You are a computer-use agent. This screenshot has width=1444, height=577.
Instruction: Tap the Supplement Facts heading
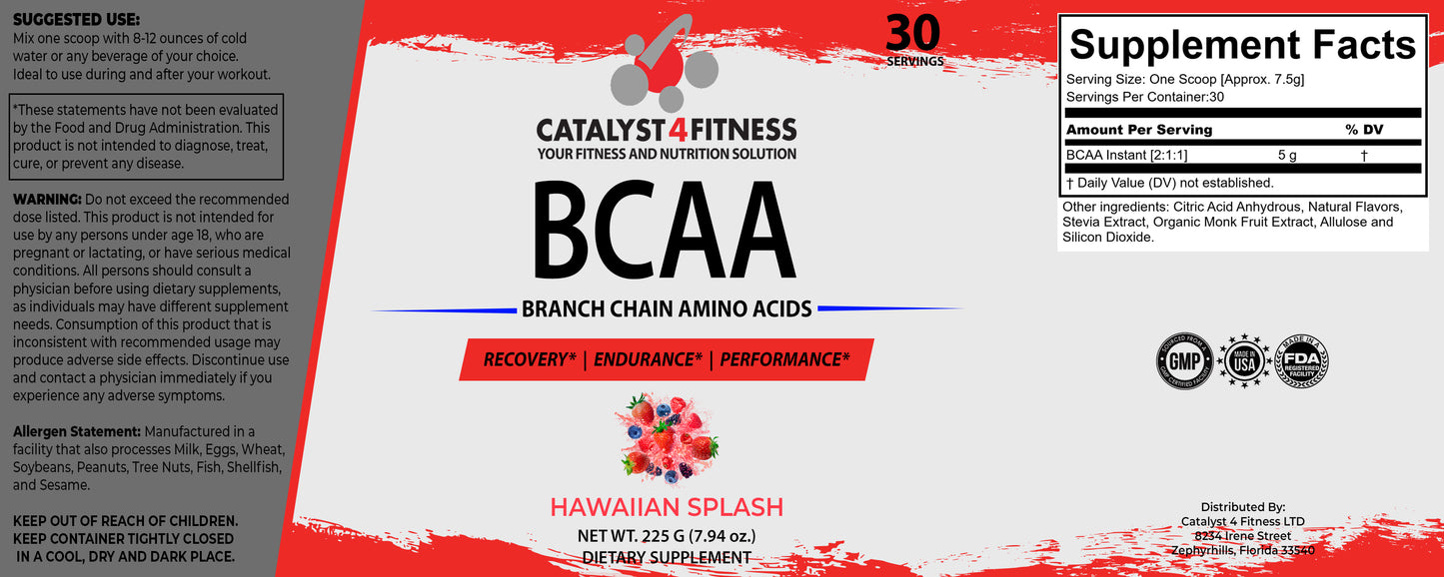click(x=1242, y=45)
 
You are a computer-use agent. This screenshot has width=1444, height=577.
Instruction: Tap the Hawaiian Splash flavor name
click(x=667, y=506)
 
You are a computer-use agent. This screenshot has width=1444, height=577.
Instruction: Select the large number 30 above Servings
click(x=912, y=32)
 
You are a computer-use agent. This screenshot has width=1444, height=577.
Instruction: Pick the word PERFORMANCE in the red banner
click(x=784, y=359)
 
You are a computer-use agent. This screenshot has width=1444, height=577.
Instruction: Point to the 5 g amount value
click(x=1287, y=156)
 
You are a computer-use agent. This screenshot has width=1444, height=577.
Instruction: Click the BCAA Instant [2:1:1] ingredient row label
click(x=1126, y=156)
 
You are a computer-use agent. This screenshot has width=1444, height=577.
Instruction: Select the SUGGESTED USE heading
click(x=77, y=20)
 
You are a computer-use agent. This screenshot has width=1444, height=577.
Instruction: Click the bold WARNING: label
click(x=48, y=200)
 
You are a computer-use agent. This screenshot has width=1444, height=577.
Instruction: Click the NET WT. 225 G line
click(x=666, y=535)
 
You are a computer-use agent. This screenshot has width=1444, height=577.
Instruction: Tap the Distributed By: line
click(x=1242, y=507)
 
